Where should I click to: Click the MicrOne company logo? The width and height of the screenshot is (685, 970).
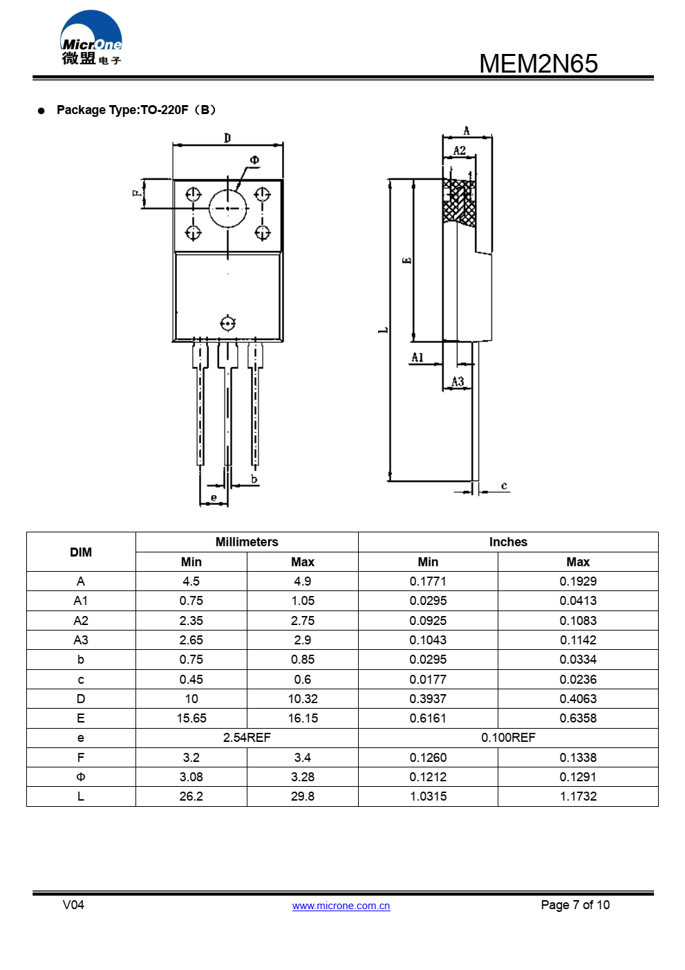coord(91,37)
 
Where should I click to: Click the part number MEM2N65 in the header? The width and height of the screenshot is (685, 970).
coord(538,63)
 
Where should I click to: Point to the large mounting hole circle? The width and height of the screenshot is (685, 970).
coord(227,208)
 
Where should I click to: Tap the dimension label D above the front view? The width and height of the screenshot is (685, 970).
coord(227,138)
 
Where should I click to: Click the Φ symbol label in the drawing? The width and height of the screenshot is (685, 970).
coord(254,160)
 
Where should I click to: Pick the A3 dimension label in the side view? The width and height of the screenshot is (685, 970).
coord(458,381)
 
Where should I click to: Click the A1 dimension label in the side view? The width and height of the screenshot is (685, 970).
coord(417,357)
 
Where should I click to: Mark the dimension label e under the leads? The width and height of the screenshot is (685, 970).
coord(214,498)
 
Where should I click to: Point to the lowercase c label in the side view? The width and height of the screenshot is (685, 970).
coord(504,486)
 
